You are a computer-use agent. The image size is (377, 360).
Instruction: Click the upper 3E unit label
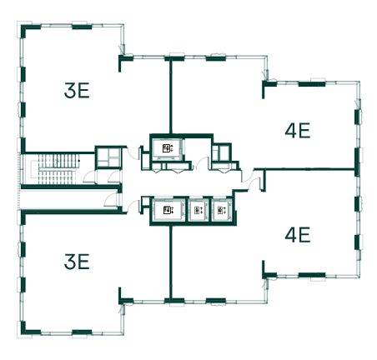tap(77, 91)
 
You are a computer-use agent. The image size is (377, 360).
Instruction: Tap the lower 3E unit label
tap(77, 262)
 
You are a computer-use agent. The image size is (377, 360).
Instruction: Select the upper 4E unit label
tap(298, 131)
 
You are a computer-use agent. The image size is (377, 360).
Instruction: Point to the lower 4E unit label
tap(298, 235)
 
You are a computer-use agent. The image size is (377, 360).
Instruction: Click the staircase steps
tap(59, 169)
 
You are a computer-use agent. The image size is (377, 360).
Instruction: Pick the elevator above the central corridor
tap(167, 148)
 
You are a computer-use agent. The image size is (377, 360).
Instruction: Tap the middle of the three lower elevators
tap(198, 210)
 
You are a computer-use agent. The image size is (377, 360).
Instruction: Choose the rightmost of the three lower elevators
tap(221, 210)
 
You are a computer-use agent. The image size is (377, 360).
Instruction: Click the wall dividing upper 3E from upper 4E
tap(170, 96)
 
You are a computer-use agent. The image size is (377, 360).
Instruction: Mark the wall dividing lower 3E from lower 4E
tap(170, 262)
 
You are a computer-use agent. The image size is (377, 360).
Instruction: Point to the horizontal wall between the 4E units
tap(305, 168)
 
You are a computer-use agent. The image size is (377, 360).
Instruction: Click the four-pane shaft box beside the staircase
tap(108, 157)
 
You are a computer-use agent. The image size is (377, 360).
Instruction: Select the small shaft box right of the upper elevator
tap(221, 152)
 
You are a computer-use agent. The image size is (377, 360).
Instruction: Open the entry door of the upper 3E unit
tap(133, 152)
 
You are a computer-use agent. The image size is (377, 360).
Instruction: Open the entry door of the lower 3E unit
tap(133, 207)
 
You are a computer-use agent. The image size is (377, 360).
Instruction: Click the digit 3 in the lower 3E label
tap(69, 262)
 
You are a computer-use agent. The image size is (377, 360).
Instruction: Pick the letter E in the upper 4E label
tap(304, 131)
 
